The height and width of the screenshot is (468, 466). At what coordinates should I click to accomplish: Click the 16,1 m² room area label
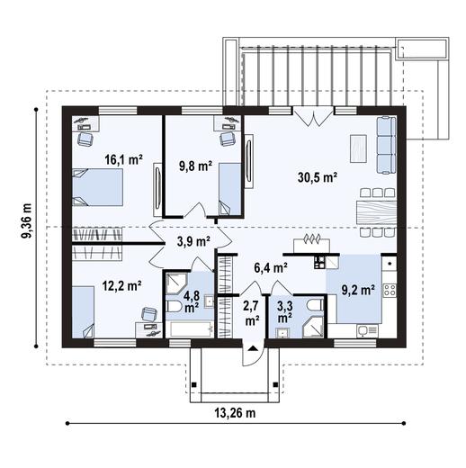(x=124, y=159)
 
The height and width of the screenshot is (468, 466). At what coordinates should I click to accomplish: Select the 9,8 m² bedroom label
(x=193, y=166)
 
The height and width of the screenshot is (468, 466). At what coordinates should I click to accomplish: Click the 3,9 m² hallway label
(x=193, y=241)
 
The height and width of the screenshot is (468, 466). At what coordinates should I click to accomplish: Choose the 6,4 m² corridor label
(x=271, y=266)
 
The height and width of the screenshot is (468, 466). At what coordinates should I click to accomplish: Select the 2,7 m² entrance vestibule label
(x=252, y=312)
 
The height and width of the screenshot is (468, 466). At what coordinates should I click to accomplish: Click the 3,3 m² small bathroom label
(x=285, y=312)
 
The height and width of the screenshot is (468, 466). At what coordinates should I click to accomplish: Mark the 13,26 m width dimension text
(x=233, y=414)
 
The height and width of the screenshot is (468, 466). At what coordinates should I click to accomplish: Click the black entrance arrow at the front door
(x=253, y=349)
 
